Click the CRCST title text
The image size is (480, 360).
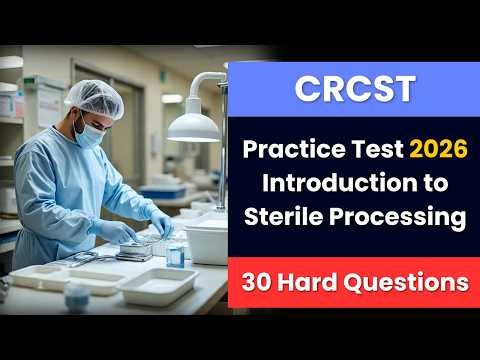tap(353, 88)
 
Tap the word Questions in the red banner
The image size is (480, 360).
tap(412, 282)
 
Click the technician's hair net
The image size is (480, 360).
tap(94, 94)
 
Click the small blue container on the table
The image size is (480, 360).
tap(176, 254)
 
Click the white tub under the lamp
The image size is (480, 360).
tap(206, 240)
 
